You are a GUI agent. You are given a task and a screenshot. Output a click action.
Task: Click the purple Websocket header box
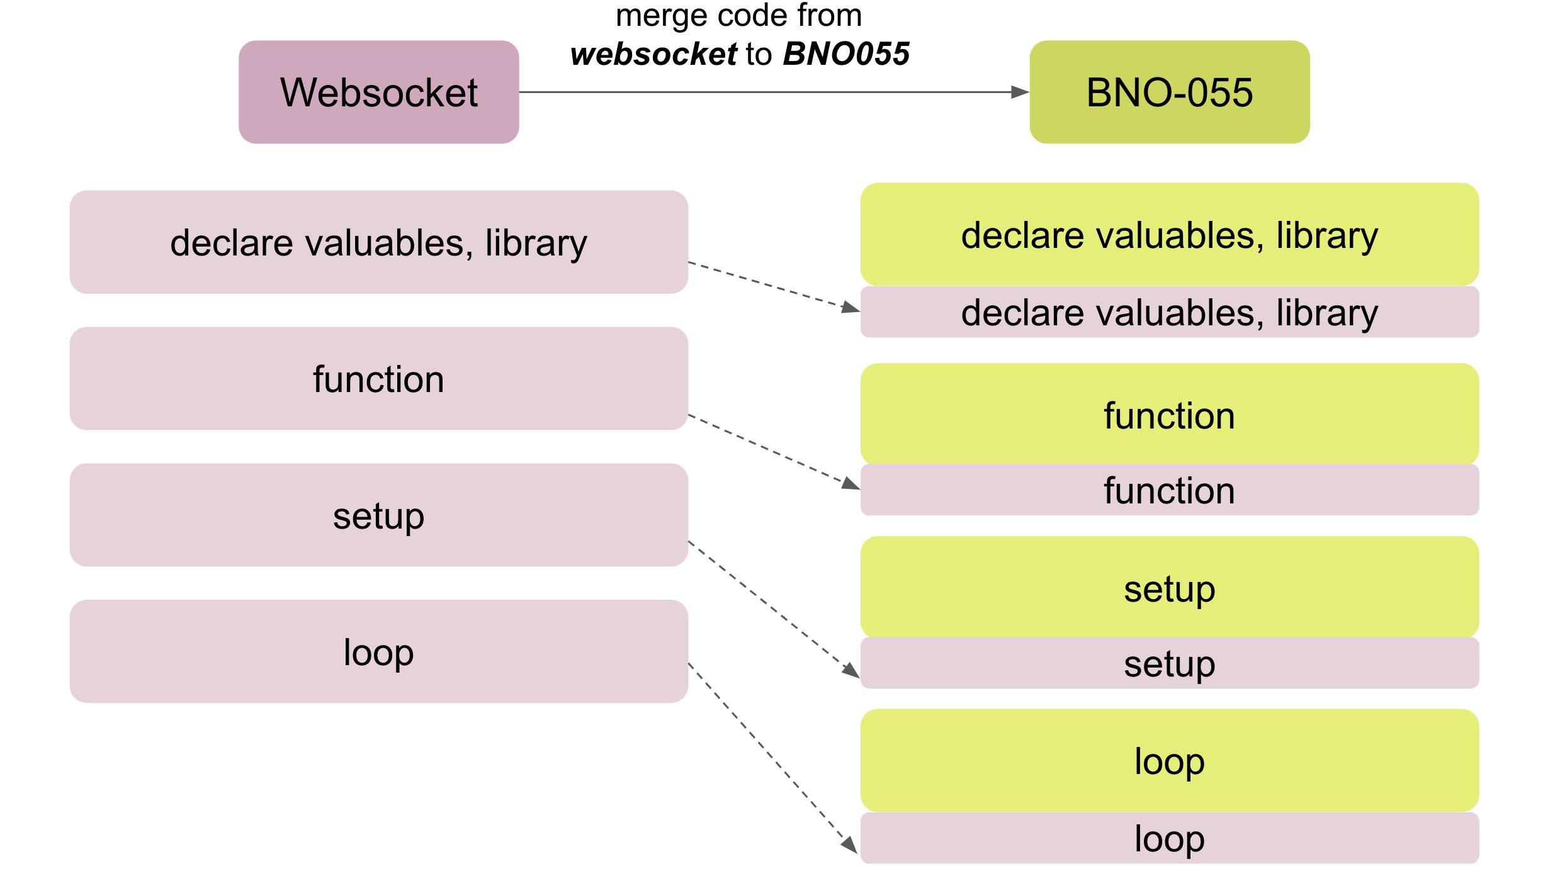coord(379,92)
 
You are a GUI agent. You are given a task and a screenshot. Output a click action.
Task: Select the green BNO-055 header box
coord(1170,92)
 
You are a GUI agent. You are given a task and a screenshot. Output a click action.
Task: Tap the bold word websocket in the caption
coord(653,54)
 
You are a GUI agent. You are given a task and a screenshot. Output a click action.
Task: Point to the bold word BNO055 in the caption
coord(846,53)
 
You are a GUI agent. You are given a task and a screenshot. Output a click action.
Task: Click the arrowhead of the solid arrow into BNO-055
coord(1020,92)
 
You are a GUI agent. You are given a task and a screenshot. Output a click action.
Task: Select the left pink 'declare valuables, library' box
coord(379,242)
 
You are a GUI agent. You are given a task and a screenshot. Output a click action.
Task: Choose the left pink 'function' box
coord(379,378)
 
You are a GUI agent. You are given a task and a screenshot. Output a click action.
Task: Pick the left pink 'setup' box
coord(379,515)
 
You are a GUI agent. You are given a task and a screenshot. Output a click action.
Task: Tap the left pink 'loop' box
coord(379,651)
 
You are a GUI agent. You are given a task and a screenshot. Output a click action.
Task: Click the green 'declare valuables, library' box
coord(1170,234)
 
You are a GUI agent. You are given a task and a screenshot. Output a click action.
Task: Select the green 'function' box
coord(1170,414)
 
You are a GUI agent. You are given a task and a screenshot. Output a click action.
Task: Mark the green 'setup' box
coord(1170,587)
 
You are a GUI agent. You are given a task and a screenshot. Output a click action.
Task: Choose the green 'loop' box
coord(1170,760)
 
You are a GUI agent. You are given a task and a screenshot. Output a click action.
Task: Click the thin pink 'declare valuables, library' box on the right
coord(1170,312)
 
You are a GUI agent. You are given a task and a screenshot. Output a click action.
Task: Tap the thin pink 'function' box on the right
coord(1170,490)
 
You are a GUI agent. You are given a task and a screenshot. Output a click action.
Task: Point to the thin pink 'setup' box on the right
coord(1170,663)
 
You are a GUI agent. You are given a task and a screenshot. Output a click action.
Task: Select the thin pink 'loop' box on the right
coord(1170,838)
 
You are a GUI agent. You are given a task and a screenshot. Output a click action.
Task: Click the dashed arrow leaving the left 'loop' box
coord(773,758)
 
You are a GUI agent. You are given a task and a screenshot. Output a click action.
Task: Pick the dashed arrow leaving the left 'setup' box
coord(774,609)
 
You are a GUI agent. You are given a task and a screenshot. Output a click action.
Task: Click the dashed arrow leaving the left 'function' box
coord(774,452)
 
